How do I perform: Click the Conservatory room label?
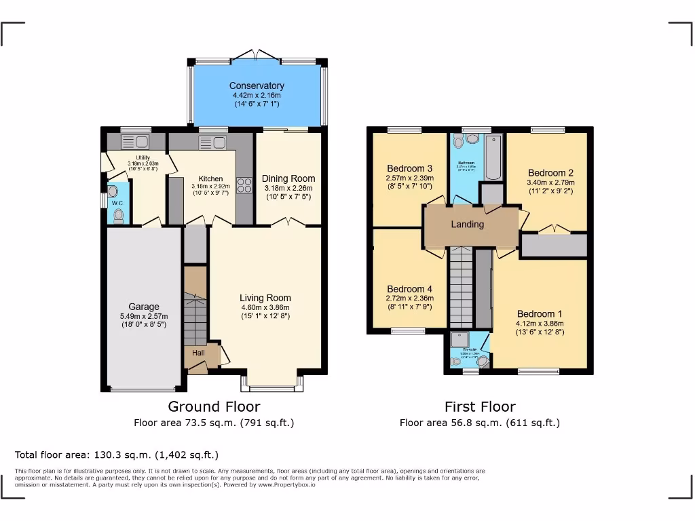tap(257, 86)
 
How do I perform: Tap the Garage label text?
tap(144, 307)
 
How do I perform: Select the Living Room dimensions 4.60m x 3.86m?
tap(265, 307)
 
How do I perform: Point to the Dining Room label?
tap(288, 179)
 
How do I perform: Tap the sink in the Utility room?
tap(136, 142)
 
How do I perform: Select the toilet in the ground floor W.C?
tap(119, 215)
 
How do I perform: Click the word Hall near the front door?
tap(198, 353)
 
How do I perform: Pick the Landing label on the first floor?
tap(468, 224)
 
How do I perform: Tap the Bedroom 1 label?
tap(540, 313)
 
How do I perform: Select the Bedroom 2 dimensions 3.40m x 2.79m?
tap(550, 182)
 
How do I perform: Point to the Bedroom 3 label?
tap(409, 168)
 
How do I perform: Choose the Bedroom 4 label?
tap(409, 289)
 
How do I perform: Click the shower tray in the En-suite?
tap(459, 340)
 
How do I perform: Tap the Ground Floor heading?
tap(214, 406)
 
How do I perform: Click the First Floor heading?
tap(480, 406)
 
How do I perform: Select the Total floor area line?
tap(117, 455)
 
